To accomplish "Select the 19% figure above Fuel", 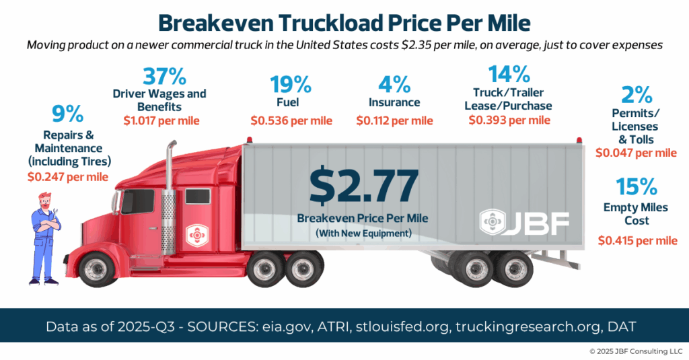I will tap(291, 85).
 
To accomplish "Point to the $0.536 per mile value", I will tap(291, 120).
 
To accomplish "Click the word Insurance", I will tap(394, 102).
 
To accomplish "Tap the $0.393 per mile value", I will tap(510, 120).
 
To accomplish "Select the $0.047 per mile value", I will tap(636, 153).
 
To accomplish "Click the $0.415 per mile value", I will tap(636, 240).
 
